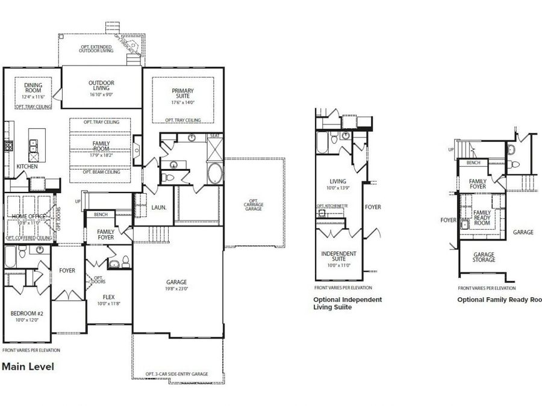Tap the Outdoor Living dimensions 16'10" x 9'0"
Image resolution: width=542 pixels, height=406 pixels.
tap(101, 94)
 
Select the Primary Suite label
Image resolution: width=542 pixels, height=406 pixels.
tap(182, 94)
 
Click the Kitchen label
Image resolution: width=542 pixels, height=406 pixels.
tap(28, 167)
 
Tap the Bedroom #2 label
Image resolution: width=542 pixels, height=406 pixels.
tap(25, 313)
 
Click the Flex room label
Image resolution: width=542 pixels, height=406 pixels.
tap(108, 297)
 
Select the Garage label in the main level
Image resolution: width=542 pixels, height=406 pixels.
tap(176, 282)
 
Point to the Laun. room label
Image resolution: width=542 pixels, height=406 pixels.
tap(159, 208)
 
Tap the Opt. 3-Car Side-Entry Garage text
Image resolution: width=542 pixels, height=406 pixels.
tap(176, 374)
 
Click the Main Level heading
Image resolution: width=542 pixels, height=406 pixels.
tap(28, 366)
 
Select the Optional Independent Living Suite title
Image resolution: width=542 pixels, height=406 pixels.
tap(347, 303)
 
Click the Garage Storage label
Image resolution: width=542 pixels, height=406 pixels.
tap(484, 257)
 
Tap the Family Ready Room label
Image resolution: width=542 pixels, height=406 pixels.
tap(482, 218)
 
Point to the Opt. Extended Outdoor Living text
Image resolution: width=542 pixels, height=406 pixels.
tap(96, 49)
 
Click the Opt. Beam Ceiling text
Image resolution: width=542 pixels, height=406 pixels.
tap(101, 172)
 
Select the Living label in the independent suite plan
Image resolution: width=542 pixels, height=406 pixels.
tap(338, 181)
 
